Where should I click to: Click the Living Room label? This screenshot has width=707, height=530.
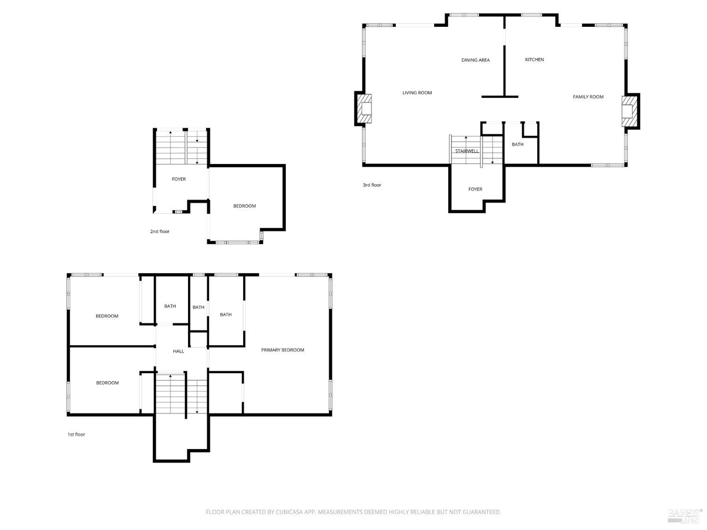coord(417,93)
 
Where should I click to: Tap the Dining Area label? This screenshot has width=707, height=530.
coord(475,60)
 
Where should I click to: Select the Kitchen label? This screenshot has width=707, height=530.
coord(534,60)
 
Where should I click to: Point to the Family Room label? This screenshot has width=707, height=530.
coord(588,97)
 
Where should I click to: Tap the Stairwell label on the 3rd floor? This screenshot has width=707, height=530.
coord(467,151)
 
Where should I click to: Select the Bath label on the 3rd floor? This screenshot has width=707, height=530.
coord(518,145)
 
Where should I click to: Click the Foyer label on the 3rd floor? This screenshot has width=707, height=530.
coord(475,189)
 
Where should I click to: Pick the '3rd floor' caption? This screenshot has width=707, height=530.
coord(372,185)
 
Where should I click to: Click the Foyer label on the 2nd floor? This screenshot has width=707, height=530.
coord(179,179)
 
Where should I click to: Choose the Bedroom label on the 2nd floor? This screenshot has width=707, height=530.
coord(245,206)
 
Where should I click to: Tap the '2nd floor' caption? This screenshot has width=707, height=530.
coord(160,232)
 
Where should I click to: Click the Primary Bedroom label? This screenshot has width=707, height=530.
coord(282,350)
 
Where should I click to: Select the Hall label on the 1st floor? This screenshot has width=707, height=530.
coord(178,351)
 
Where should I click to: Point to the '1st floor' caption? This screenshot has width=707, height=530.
coord(76,435)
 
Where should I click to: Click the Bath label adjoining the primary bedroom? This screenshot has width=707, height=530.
coord(226,315)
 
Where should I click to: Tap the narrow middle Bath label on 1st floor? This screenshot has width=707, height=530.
coord(198,308)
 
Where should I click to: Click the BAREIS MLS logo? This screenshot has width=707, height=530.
coord(685,515)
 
